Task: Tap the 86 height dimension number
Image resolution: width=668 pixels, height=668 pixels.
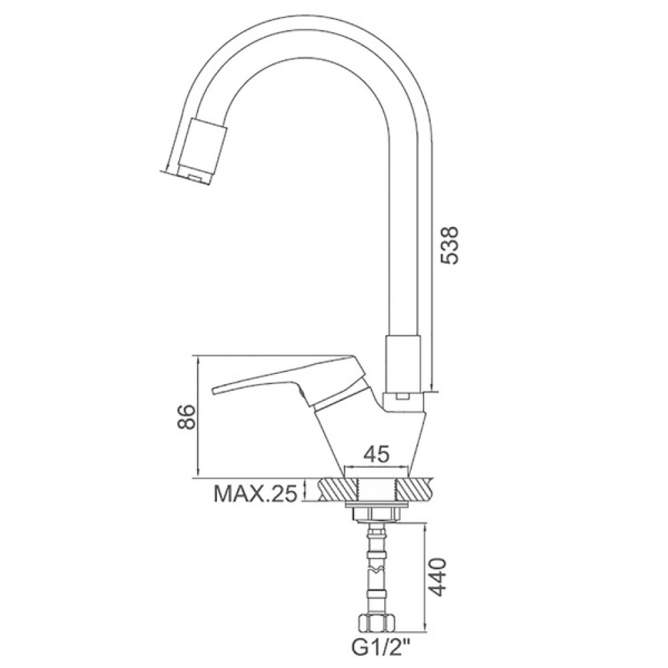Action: click(186, 417)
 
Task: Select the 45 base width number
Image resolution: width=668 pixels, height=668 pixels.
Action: click(377, 454)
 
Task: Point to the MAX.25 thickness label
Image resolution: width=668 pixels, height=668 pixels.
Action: click(255, 494)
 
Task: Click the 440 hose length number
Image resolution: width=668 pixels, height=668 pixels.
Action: click(436, 577)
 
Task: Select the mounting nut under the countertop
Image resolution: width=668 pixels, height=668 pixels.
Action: click(377, 513)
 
